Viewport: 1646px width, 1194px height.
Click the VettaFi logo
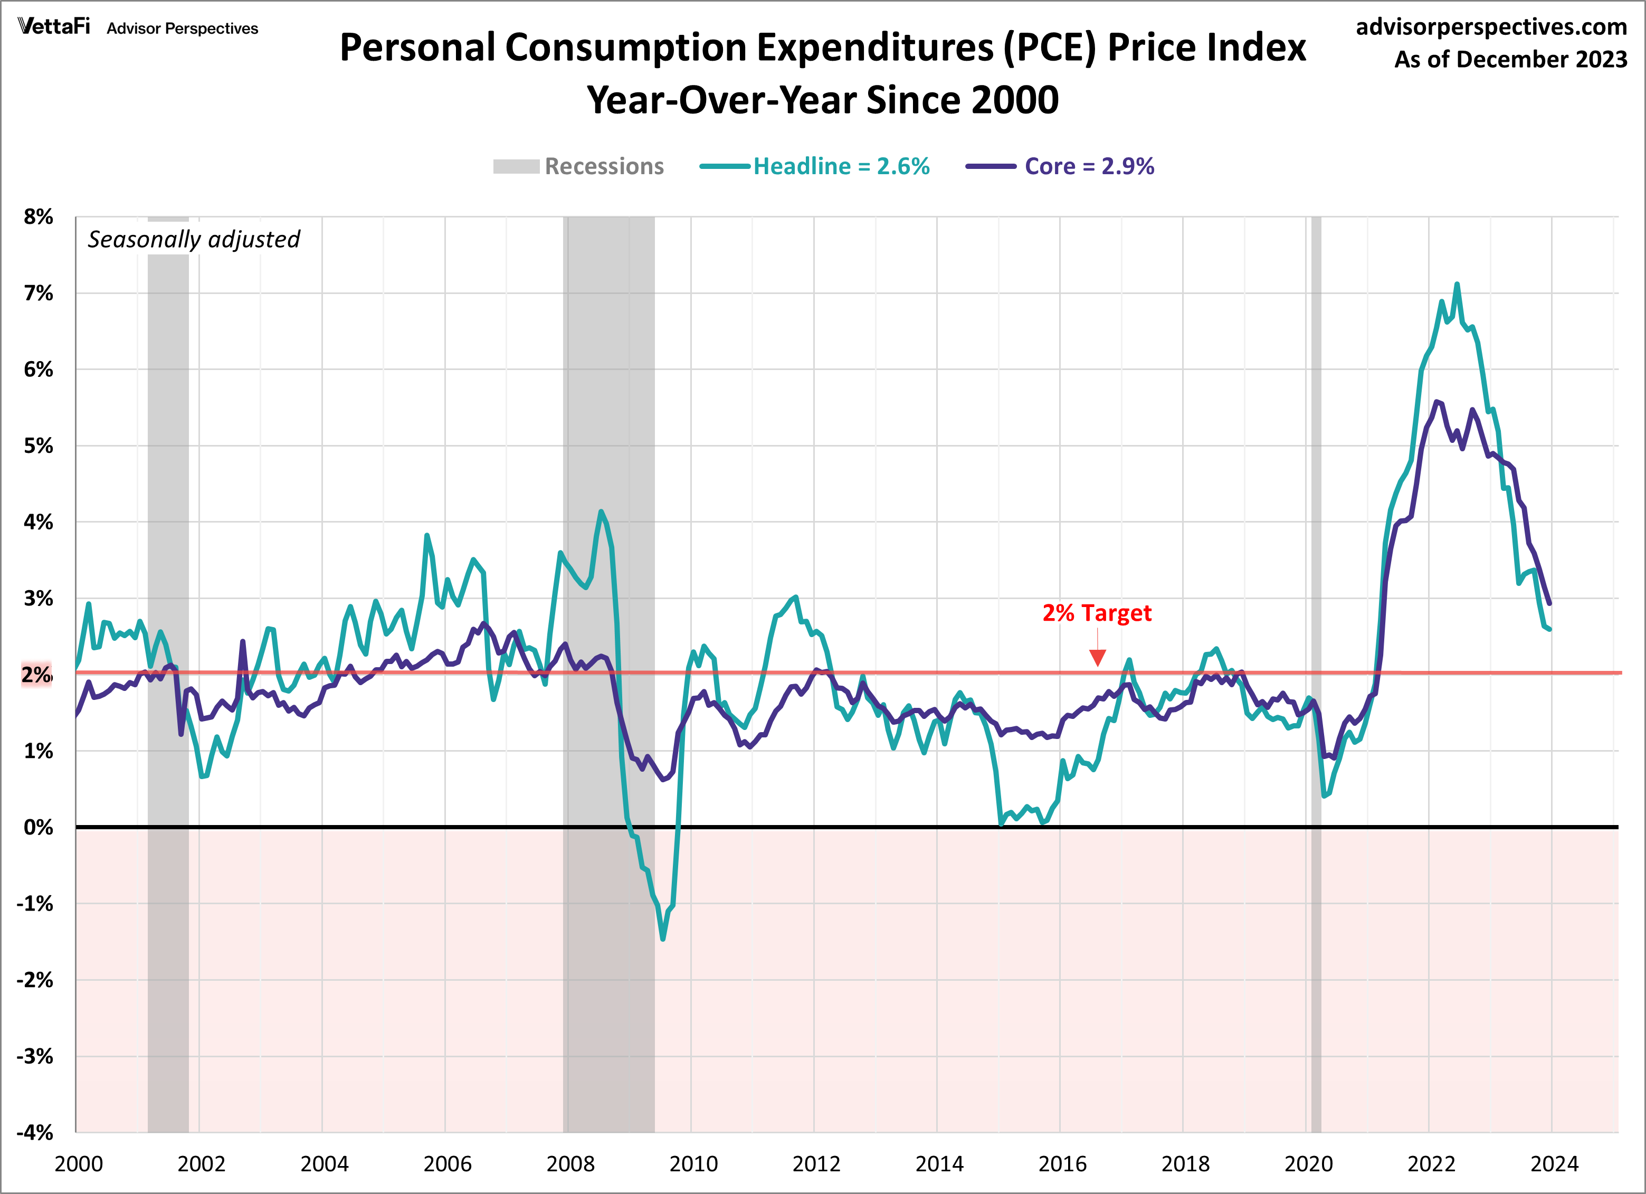[54, 27]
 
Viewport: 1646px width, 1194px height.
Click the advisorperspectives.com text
[1491, 27]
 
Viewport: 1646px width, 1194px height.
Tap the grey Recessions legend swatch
[516, 166]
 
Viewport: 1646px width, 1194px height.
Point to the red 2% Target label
[1097, 613]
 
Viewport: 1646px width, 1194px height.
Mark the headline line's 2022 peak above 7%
[1457, 285]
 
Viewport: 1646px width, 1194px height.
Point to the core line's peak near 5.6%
[1436, 401]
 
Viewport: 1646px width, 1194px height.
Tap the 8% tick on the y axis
[39, 216]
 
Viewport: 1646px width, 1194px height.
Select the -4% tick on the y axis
[35, 1132]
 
